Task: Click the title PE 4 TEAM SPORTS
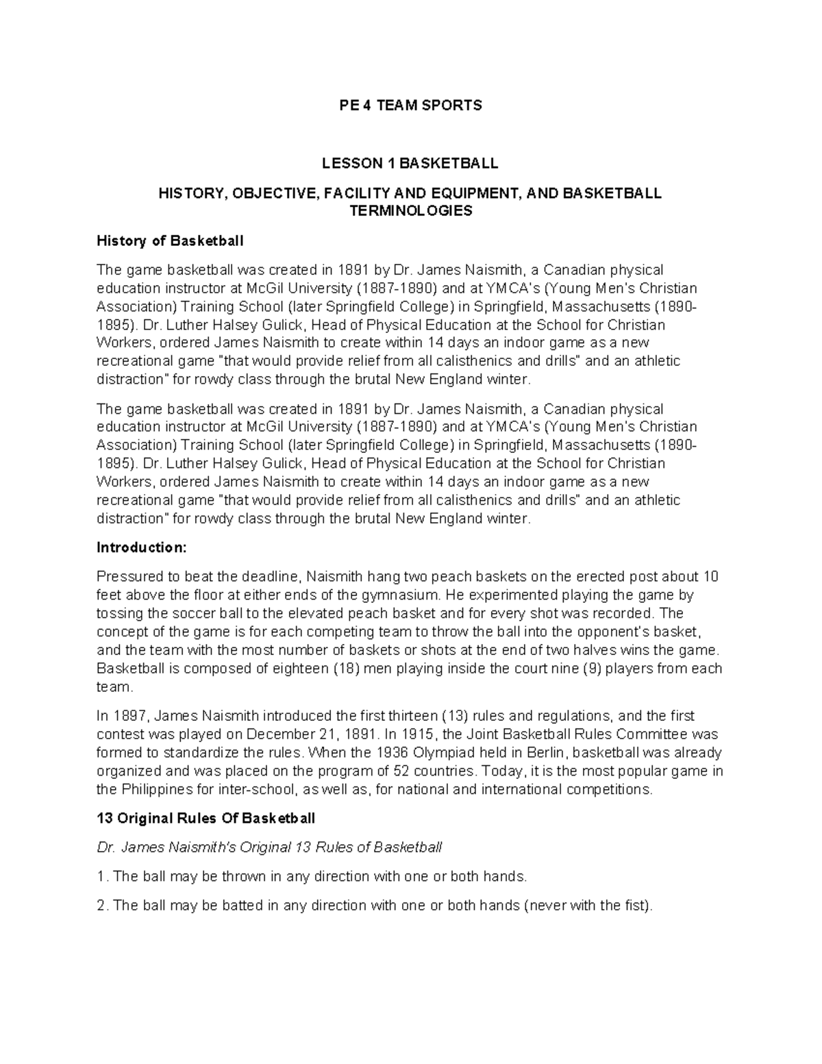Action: tap(410, 105)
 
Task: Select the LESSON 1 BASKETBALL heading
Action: tap(410, 163)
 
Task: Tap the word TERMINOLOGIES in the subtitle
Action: tap(410, 211)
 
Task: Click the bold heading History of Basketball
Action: tap(170, 241)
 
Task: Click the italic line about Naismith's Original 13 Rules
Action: tap(269, 848)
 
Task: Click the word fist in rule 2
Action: tap(636, 906)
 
